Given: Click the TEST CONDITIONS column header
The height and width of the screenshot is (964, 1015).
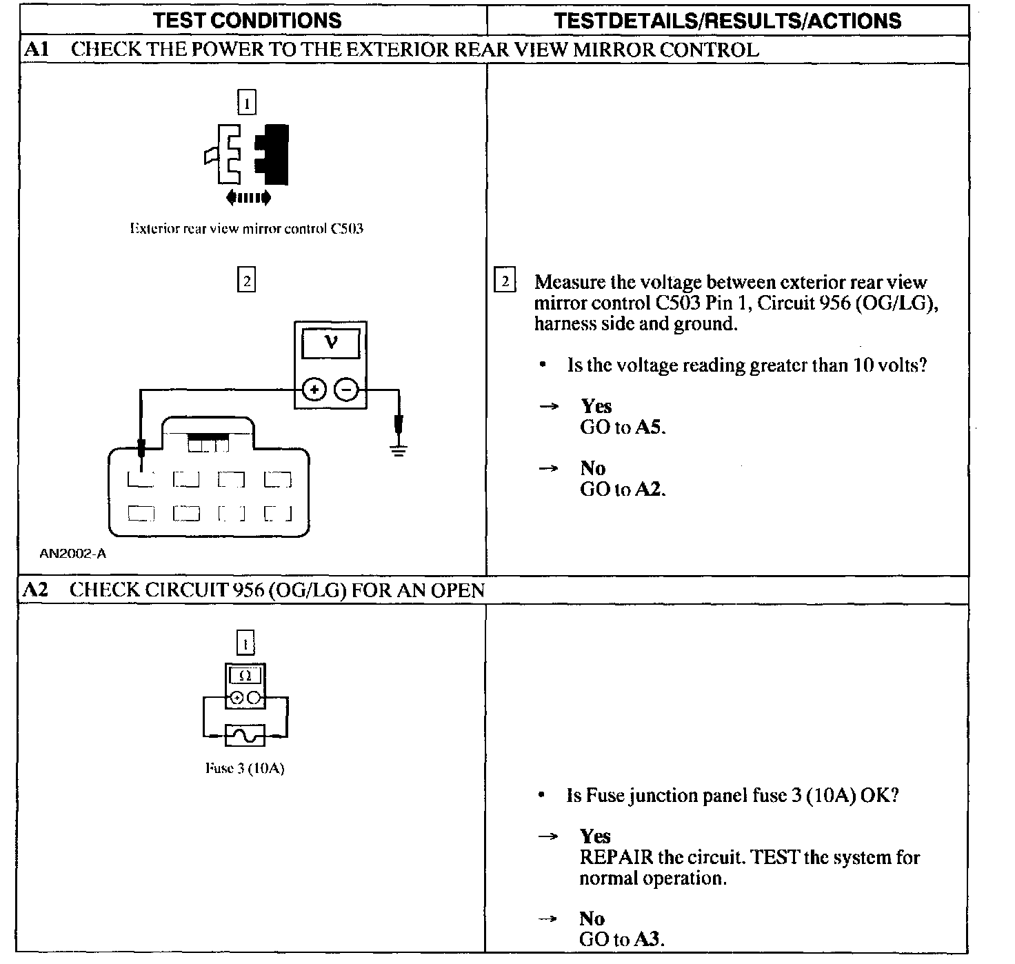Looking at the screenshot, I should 247,20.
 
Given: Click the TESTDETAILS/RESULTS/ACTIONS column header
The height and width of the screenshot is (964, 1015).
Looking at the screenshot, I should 727,20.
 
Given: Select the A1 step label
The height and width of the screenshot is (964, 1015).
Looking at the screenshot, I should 34,50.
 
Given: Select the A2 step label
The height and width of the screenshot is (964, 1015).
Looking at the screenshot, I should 34,590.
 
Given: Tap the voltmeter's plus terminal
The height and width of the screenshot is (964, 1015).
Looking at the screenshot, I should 314,390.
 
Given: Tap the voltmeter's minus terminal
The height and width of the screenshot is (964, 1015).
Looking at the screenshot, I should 346,390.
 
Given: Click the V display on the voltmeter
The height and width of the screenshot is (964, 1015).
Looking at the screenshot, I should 331,342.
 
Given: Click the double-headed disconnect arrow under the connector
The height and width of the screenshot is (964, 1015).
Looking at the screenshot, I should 248,198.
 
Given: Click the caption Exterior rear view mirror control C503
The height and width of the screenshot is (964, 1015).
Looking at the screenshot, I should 247,228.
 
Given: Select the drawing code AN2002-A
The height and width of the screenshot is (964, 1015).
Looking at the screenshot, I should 72,553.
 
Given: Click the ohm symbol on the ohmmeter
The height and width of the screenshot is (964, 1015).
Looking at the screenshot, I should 245,676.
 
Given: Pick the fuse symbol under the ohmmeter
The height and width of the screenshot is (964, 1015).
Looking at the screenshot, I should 245,736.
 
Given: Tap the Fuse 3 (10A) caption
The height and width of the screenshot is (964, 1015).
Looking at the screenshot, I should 245,768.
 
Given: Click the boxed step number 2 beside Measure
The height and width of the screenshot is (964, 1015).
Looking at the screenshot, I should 505,282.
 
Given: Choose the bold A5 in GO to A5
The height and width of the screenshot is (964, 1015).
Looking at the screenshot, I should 649,427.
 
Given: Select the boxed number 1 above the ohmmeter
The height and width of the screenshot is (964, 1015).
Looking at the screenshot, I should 245,644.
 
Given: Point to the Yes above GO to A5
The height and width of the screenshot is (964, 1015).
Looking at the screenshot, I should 596,405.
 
